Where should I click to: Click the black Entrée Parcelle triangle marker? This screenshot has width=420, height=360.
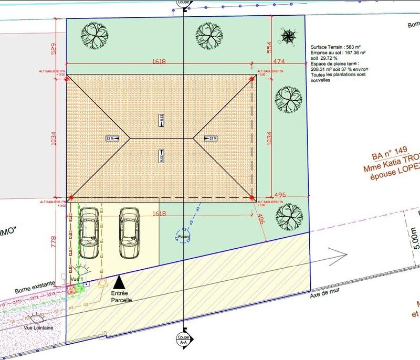point(120,281)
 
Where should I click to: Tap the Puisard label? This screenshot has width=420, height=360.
point(184,237)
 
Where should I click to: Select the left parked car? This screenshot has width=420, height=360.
point(89,233)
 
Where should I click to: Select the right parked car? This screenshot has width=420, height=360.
point(129,233)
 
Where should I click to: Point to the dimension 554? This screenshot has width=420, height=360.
point(269,48)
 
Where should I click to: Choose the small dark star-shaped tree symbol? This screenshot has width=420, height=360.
point(288,36)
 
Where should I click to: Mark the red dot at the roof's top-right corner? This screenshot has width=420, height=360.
point(252,79)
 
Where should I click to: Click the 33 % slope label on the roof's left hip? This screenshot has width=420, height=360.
point(111,139)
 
